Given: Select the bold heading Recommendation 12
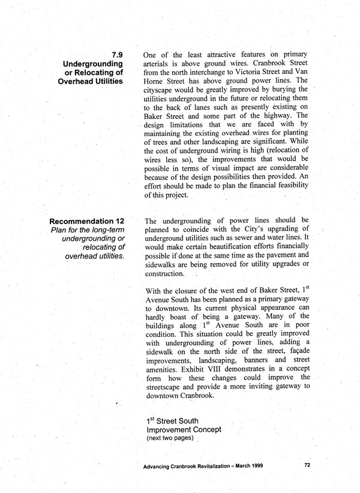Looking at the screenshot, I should pyautogui.click(x=87, y=222).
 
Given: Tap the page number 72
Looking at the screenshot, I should pyautogui.click(x=307, y=465).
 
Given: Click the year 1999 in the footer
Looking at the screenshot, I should pyautogui.click(x=253, y=466).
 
